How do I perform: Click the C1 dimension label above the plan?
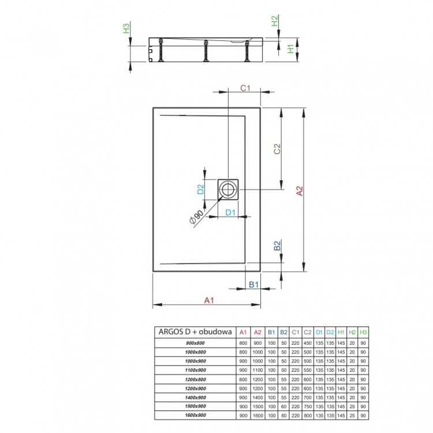click(x=244, y=88)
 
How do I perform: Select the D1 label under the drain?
click(x=229, y=212)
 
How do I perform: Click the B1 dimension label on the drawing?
click(x=252, y=284)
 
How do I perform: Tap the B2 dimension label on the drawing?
click(x=277, y=246)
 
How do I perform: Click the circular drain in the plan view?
click(x=228, y=188)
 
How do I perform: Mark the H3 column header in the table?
click(x=363, y=332)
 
